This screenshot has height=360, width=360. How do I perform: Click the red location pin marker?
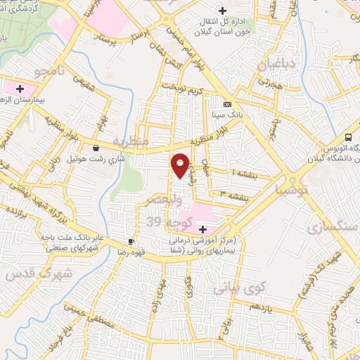click(181, 165)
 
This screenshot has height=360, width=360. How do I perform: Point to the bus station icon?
click(349, 137)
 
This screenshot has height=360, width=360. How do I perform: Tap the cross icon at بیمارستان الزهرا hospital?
click(20, 89)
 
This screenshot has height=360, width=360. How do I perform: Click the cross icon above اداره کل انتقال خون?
click(223, 11)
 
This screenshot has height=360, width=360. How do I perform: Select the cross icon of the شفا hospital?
click(202, 229)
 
